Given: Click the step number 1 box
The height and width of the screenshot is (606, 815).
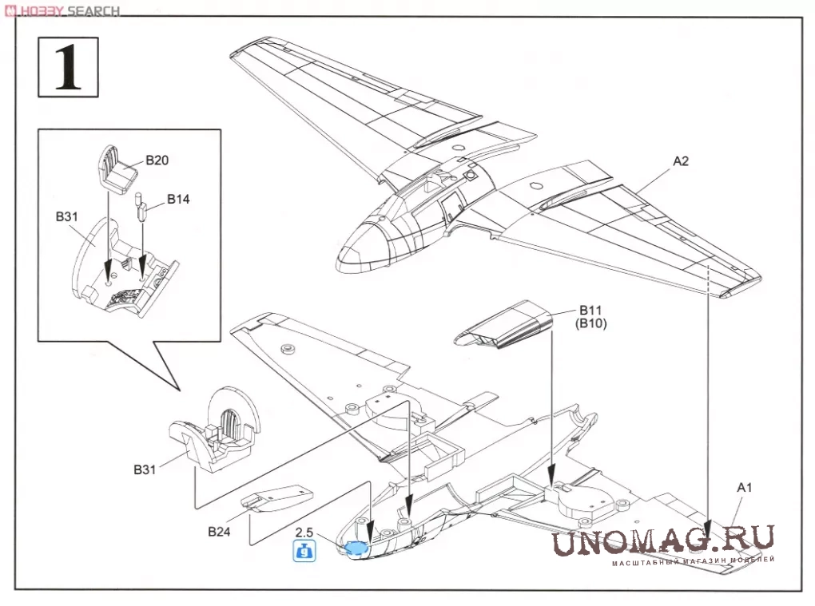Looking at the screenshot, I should pos(68,67).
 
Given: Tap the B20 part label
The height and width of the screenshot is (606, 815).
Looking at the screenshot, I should pos(157,160).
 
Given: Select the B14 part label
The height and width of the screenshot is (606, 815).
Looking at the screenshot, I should pos(178,198).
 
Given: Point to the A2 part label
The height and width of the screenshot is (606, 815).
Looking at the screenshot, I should pos(681,160).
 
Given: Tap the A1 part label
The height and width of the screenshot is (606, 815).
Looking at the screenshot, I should pos(745,487).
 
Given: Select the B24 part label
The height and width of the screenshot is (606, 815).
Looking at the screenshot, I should pos(221,532).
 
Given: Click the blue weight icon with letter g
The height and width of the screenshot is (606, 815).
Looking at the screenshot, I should pos(304,551).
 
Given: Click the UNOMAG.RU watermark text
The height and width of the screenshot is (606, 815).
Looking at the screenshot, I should pos(662,541).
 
